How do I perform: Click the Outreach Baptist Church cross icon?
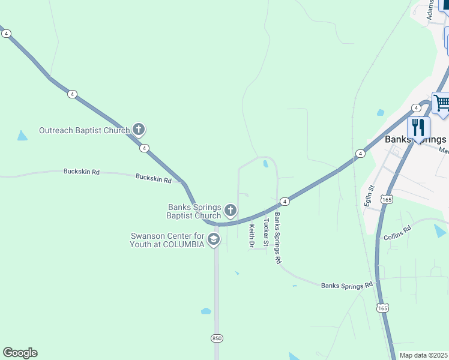point(139,129)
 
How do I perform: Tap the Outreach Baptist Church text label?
point(84,130)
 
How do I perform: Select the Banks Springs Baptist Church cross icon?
point(230,211)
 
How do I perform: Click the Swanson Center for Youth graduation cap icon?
point(212,240)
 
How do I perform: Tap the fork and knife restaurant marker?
point(418,127)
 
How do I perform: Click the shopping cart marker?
point(441,103)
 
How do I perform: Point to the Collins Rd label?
point(397,232)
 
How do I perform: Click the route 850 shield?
point(217,338)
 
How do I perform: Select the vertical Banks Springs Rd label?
point(277,238)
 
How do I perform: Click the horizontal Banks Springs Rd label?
point(346,285)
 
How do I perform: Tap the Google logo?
point(20,353)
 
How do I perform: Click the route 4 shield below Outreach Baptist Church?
point(144,148)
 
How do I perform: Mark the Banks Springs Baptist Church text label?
point(194,212)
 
